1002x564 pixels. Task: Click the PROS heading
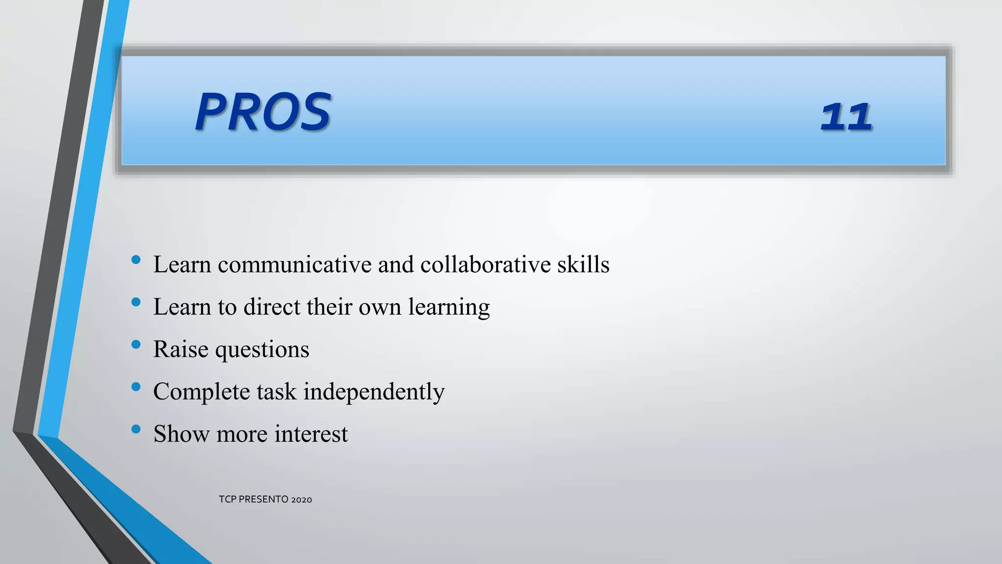(263, 112)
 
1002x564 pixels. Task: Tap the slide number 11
(846, 117)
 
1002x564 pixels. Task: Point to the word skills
(583, 265)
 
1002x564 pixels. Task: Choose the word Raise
(181, 350)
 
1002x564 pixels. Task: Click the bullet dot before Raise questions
(136, 345)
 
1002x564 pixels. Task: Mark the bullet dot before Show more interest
(136, 429)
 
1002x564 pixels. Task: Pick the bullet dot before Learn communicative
(136, 260)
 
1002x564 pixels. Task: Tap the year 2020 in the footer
(301, 499)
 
